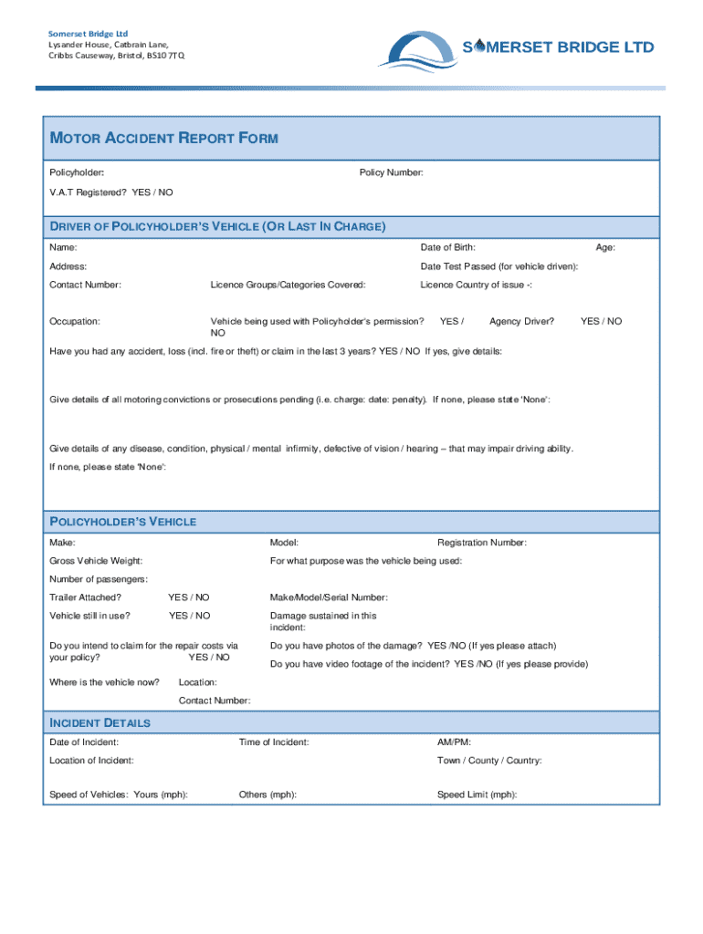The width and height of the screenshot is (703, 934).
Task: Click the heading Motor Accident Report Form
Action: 163,139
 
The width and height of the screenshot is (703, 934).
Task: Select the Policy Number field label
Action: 391,172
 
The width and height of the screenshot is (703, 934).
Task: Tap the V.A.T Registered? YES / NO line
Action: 110,192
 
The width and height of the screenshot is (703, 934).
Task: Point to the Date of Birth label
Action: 447,247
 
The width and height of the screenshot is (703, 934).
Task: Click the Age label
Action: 605,247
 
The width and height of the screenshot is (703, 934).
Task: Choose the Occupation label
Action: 75,321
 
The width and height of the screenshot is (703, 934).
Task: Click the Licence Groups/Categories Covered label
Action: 288,285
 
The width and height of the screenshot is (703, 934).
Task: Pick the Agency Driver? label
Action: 522,321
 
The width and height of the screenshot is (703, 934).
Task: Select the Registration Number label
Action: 482,543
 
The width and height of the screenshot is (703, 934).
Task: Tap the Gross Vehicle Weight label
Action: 95,561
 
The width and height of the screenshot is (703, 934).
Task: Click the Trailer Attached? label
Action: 85,597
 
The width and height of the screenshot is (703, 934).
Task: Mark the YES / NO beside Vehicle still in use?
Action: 189,616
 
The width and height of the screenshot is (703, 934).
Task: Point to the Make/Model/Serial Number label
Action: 329,597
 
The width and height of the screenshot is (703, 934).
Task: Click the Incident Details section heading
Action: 100,722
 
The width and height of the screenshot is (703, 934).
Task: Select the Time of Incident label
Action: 274,742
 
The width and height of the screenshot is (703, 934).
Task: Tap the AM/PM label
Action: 455,742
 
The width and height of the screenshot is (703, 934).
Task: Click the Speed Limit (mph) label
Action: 477,794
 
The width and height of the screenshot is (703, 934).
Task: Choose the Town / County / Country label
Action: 489,761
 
